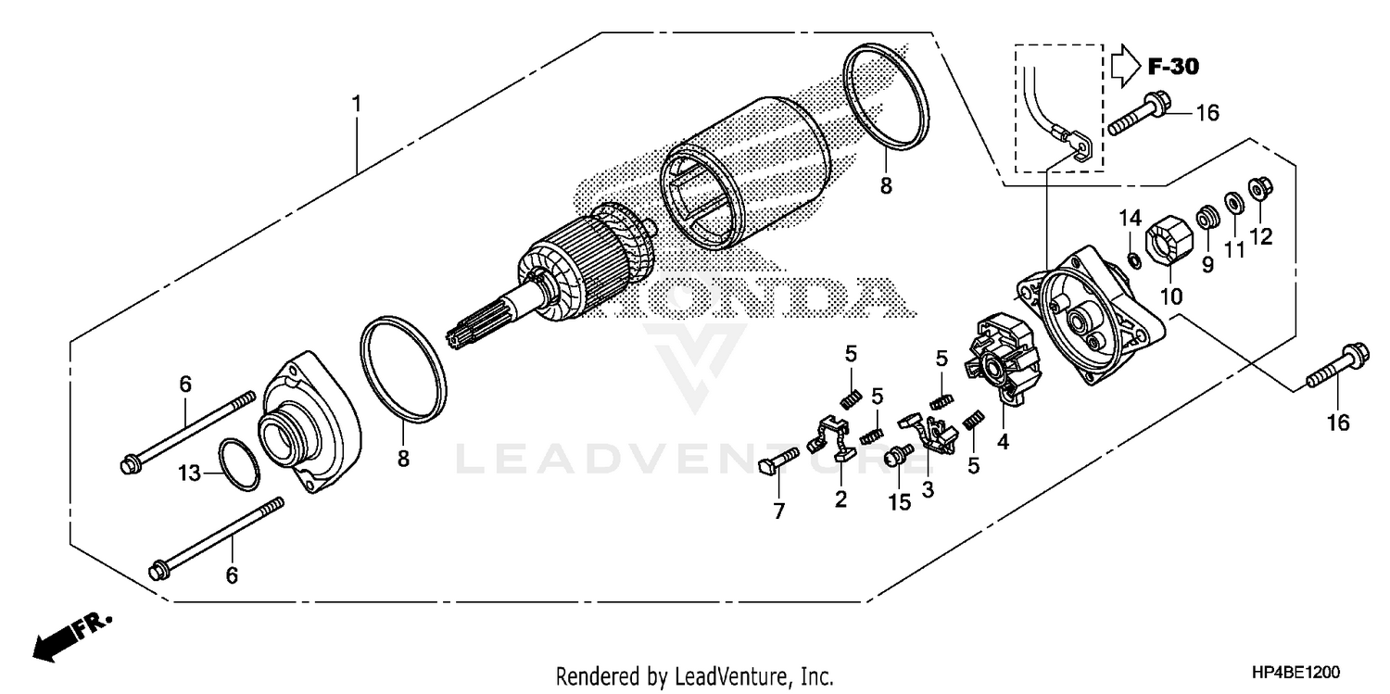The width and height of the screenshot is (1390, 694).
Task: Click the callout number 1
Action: click(x=356, y=104)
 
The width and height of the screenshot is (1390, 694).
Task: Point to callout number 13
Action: click(x=189, y=473)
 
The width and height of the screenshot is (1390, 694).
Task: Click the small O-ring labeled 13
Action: click(x=239, y=463)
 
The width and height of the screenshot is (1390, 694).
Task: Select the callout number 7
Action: click(x=778, y=511)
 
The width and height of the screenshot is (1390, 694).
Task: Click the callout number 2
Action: click(x=840, y=499)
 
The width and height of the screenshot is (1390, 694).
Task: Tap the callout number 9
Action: click(x=1207, y=265)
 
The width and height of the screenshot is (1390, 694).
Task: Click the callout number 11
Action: click(x=1233, y=250)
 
